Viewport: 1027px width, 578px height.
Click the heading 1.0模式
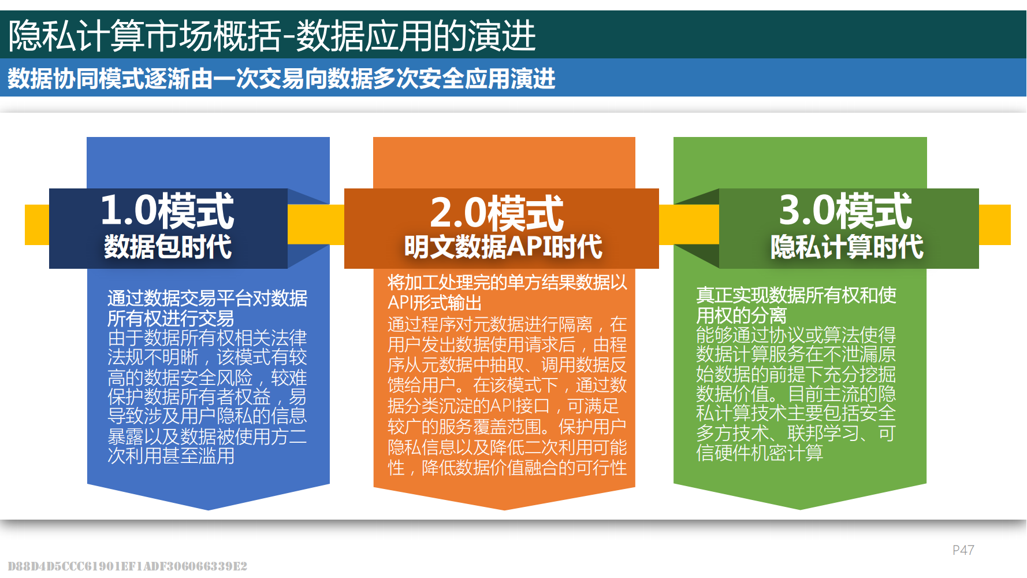click(168, 211)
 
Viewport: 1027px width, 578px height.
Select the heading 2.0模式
click(497, 213)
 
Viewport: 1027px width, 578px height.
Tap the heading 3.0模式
click(846, 211)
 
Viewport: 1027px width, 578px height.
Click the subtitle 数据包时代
click(168, 247)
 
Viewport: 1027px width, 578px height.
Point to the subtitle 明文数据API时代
click(503, 247)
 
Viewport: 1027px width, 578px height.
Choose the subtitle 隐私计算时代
click(847, 247)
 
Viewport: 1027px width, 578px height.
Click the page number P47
click(963, 550)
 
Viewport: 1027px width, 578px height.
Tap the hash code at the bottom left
click(127, 566)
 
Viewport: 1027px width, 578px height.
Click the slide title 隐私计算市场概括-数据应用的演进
click(272, 35)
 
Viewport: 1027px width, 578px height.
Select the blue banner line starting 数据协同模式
click(281, 78)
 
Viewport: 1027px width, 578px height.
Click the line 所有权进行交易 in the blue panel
click(170, 318)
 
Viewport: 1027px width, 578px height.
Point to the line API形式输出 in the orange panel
click(434, 302)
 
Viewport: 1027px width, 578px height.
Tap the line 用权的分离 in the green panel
click(741, 315)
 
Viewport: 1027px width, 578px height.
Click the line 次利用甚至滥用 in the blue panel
click(171, 455)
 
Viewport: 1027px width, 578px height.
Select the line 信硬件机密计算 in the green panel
click(760, 453)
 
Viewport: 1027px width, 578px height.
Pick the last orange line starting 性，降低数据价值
click(507, 468)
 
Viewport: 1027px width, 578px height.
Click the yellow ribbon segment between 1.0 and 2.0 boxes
click(316, 224)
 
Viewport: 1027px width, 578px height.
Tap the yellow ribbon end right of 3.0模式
click(995, 224)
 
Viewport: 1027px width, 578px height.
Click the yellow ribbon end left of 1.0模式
click(37, 224)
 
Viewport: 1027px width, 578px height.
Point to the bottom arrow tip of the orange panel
click(504, 510)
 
